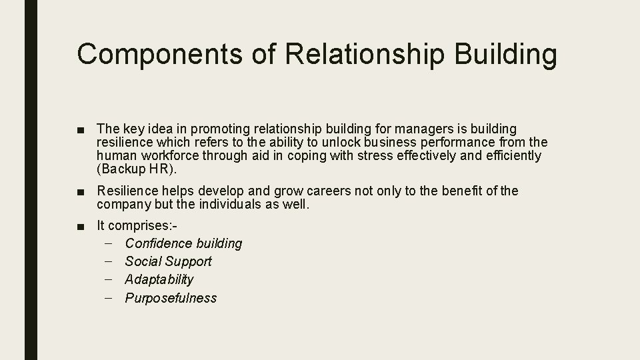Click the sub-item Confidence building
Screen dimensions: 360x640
[183, 244]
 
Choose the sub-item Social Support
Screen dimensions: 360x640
[168, 262]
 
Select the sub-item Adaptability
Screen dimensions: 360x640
[159, 280]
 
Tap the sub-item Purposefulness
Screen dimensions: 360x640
[171, 298]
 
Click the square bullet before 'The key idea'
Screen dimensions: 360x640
[81, 129]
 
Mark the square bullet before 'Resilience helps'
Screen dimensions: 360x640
[81, 192]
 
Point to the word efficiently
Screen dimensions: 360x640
[513, 156]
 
